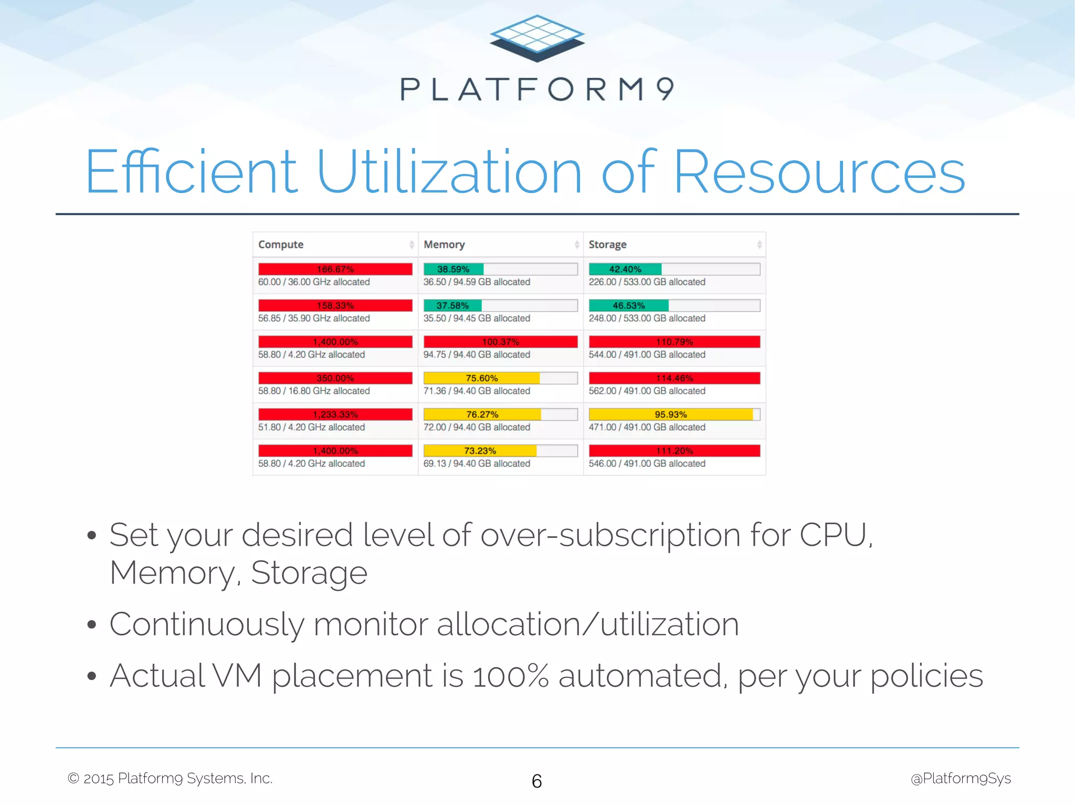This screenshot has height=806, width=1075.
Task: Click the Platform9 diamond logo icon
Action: [537, 38]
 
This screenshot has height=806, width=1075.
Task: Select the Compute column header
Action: [281, 245]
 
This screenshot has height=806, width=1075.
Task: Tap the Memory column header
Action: [444, 245]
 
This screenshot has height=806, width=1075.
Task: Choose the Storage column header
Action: [607, 245]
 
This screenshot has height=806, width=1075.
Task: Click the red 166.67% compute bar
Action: [335, 269]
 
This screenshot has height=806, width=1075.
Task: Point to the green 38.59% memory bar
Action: [454, 269]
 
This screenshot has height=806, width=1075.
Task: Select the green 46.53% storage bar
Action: [628, 305]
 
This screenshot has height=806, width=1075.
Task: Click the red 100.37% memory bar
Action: [500, 342]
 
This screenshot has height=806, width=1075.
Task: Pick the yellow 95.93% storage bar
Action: [670, 415]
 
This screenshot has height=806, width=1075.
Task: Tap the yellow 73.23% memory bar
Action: [480, 451]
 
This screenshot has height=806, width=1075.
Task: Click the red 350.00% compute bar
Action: [335, 378]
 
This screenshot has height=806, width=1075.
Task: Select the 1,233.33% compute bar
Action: [335, 415]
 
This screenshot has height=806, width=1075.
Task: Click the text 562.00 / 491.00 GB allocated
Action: [647, 391]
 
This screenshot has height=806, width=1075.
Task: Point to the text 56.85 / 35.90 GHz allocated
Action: [314, 319]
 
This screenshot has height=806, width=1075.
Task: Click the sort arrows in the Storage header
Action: [759, 245]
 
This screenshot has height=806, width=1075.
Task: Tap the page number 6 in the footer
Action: [536, 781]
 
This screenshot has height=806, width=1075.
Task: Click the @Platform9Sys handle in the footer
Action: [961, 779]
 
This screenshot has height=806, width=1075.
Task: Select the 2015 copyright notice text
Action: [170, 779]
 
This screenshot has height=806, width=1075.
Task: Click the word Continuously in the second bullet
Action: [206, 625]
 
